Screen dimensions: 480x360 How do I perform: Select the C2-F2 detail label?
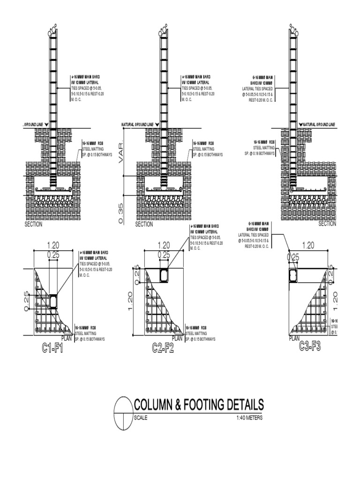point(163,348)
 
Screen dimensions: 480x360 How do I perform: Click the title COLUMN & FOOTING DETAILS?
point(199,405)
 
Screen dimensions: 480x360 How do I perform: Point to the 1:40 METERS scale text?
point(249,418)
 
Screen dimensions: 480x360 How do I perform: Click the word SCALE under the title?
point(141,418)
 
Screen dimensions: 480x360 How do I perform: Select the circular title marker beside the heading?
point(124,412)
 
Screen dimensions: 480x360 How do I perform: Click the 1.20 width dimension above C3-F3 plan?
point(308,244)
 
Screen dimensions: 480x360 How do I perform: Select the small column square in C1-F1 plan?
point(53,302)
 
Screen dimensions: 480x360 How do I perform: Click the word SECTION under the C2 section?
point(144,225)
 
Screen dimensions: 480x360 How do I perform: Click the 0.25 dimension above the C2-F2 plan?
point(164,255)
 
